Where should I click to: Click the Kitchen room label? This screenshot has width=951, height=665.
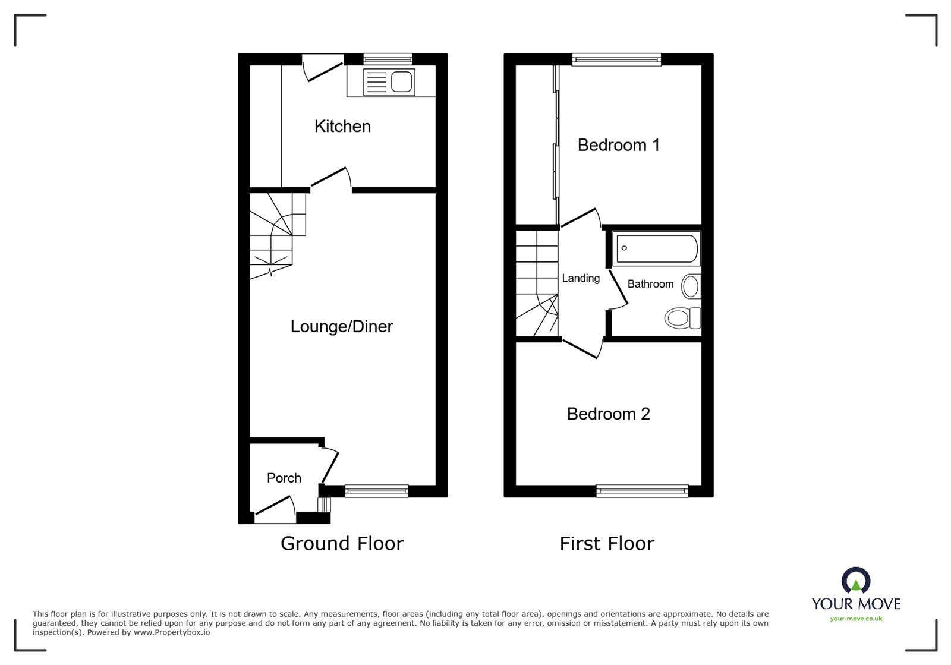tap(342, 126)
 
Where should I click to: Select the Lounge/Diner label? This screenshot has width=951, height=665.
tap(341, 326)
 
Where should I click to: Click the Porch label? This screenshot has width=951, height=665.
tap(284, 478)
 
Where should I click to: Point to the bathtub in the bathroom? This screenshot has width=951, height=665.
tap(657, 248)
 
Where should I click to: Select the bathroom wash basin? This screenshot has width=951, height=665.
tap(691, 286)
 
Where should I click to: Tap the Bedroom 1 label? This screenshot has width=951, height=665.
tap(618, 145)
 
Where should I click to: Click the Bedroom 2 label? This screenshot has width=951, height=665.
tap(608, 414)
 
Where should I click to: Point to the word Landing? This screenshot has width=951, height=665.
tap(581, 278)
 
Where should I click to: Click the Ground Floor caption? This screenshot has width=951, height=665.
tap(342, 543)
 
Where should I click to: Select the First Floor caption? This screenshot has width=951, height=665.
tap(606, 543)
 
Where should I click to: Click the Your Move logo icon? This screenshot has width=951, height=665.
tap(856, 581)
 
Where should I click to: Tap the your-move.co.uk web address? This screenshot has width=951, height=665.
tap(856, 619)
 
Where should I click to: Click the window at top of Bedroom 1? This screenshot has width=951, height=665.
tap(617, 59)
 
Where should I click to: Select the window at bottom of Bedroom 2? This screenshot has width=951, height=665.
tap(642, 491)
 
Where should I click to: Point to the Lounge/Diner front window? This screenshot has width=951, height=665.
tap(376, 491)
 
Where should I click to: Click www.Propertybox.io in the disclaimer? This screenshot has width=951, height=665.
tap(171, 633)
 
